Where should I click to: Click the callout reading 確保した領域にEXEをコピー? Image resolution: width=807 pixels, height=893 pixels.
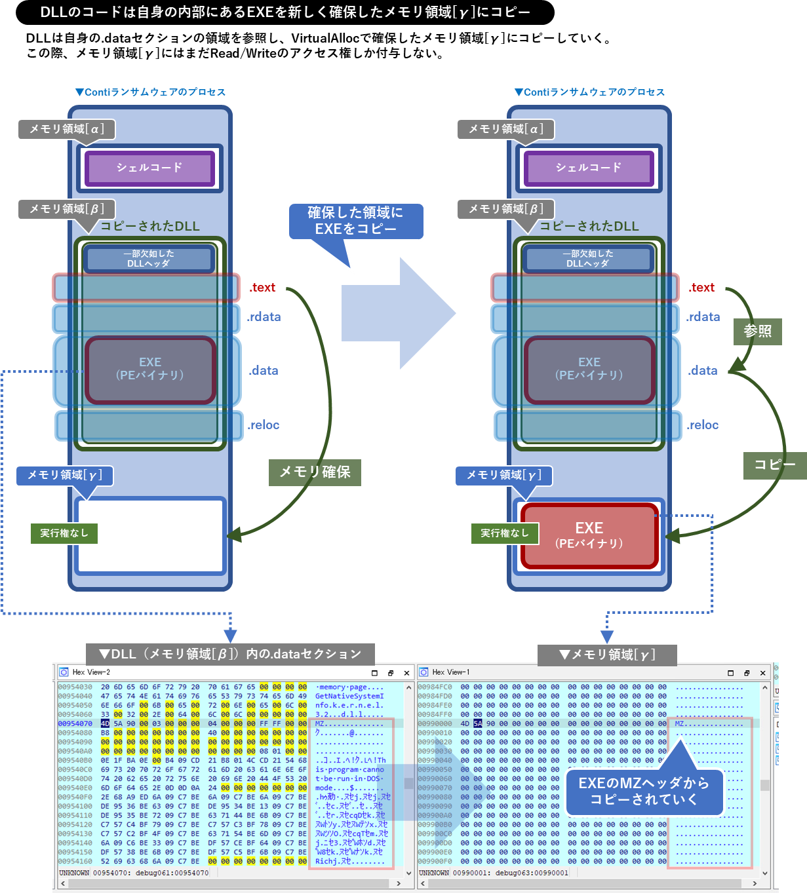pos(356,221)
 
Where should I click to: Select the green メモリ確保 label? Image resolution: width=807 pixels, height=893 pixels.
pos(315,472)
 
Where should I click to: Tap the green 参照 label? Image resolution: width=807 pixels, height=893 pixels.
pos(757,332)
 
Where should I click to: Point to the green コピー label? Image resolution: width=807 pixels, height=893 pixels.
pos(774,465)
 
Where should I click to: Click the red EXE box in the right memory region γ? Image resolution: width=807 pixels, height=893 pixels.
pos(589,535)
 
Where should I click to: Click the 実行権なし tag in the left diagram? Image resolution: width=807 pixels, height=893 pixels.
pos(64,533)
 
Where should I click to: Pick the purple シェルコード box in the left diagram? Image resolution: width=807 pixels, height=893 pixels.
pos(149,168)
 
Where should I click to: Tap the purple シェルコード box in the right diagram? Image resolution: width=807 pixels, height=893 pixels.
pos(589,168)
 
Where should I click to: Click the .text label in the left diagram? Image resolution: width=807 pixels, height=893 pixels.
pos(262,288)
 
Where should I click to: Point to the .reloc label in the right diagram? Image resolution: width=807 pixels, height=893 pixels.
pos(702,425)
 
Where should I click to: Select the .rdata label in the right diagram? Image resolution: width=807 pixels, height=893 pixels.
pos(703,317)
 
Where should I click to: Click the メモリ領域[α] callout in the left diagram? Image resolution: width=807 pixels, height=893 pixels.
pos(66,129)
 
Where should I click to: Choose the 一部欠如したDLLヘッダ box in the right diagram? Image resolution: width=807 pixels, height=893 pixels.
pos(588,259)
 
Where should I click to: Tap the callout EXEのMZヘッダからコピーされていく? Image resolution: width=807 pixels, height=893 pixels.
pos(643,791)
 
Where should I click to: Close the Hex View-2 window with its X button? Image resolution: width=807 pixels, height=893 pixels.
pos(406,673)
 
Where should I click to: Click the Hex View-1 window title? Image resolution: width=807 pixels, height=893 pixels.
pos(451,672)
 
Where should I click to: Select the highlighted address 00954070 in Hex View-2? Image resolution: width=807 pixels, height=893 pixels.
pos(75,724)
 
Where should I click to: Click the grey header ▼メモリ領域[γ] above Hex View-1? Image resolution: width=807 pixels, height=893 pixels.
pos(606,655)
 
